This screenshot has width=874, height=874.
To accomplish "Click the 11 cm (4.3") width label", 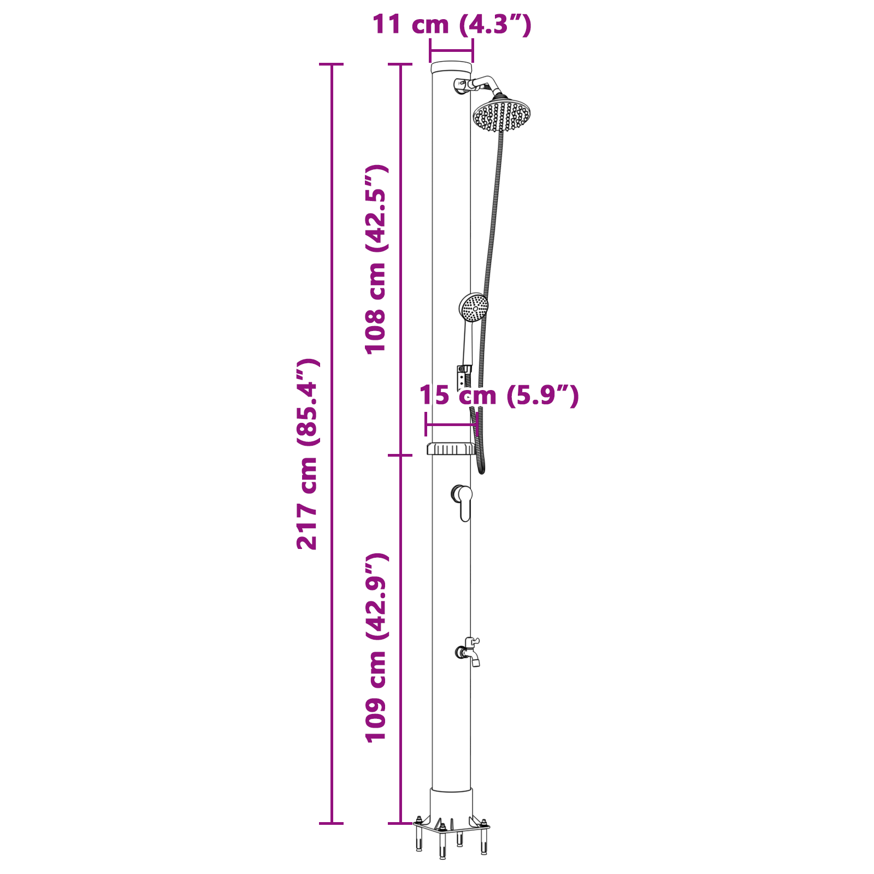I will click(451, 25).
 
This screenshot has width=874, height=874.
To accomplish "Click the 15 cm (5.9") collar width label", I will click(498, 395).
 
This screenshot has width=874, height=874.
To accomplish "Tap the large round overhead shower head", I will click(501, 115).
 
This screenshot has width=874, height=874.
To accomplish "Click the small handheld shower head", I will click(474, 308).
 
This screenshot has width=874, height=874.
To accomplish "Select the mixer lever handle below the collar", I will click(464, 503).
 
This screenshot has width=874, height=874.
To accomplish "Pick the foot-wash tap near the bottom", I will click(469, 652).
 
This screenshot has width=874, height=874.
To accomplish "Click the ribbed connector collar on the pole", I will click(451, 449).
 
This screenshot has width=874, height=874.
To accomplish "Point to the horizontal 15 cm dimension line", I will click(451, 424).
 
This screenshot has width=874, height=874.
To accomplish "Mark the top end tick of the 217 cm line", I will click(331, 64).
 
